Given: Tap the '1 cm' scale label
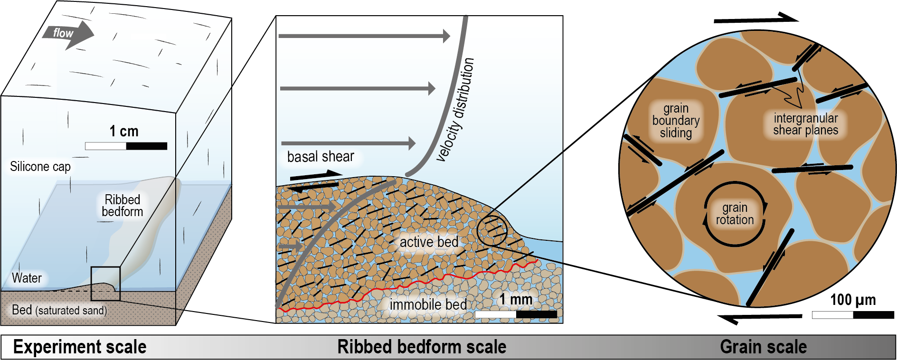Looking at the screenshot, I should pyautogui.click(x=123, y=131).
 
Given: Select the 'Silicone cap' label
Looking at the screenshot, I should pyautogui.click(x=40, y=167).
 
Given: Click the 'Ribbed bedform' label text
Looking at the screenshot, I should pyautogui.click(x=123, y=206).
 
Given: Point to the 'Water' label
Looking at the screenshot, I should pyautogui.click(x=27, y=278).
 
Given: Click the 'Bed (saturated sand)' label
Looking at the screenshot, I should pyautogui.click(x=59, y=310).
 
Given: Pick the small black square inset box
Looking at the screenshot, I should pyautogui.click(x=105, y=284).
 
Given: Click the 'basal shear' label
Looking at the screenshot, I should pyautogui.click(x=321, y=157).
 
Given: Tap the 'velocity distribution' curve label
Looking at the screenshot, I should pyautogui.click(x=456, y=110).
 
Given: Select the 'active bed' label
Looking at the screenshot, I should pyautogui.click(x=429, y=242).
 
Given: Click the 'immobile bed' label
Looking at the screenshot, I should pyautogui.click(x=428, y=304).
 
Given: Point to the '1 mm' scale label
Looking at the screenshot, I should pyautogui.click(x=516, y=300).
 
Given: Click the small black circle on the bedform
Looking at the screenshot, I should pyautogui.click(x=492, y=230).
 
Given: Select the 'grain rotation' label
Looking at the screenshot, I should pyautogui.click(x=735, y=214).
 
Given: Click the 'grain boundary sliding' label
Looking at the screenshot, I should pyautogui.click(x=676, y=121).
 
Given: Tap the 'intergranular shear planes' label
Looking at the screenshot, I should pyautogui.click(x=805, y=124).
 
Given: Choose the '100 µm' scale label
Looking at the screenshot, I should pyautogui.click(x=853, y=300).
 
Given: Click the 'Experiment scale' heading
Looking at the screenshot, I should pyautogui.click(x=80, y=347).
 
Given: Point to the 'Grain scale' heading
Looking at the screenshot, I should pyautogui.click(x=763, y=347).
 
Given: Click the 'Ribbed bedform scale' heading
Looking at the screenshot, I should pyautogui.click(x=422, y=347).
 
